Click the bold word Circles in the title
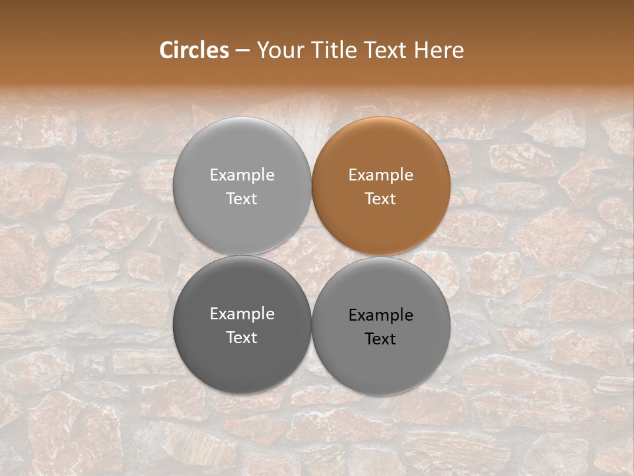pos(194,50)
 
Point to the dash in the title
pos(242,51)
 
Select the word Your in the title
pos(277,50)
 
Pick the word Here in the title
pos(439,50)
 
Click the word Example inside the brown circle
pos(381,175)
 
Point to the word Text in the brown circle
pos(381,199)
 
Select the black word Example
pos(381,315)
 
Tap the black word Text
pos(381,339)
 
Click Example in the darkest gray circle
pos(242,314)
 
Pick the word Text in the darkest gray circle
pos(242,338)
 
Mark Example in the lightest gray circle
pos(242,175)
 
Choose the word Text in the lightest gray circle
pos(242,199)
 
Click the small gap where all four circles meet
pos(312,256)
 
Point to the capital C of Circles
pos(166,50)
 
